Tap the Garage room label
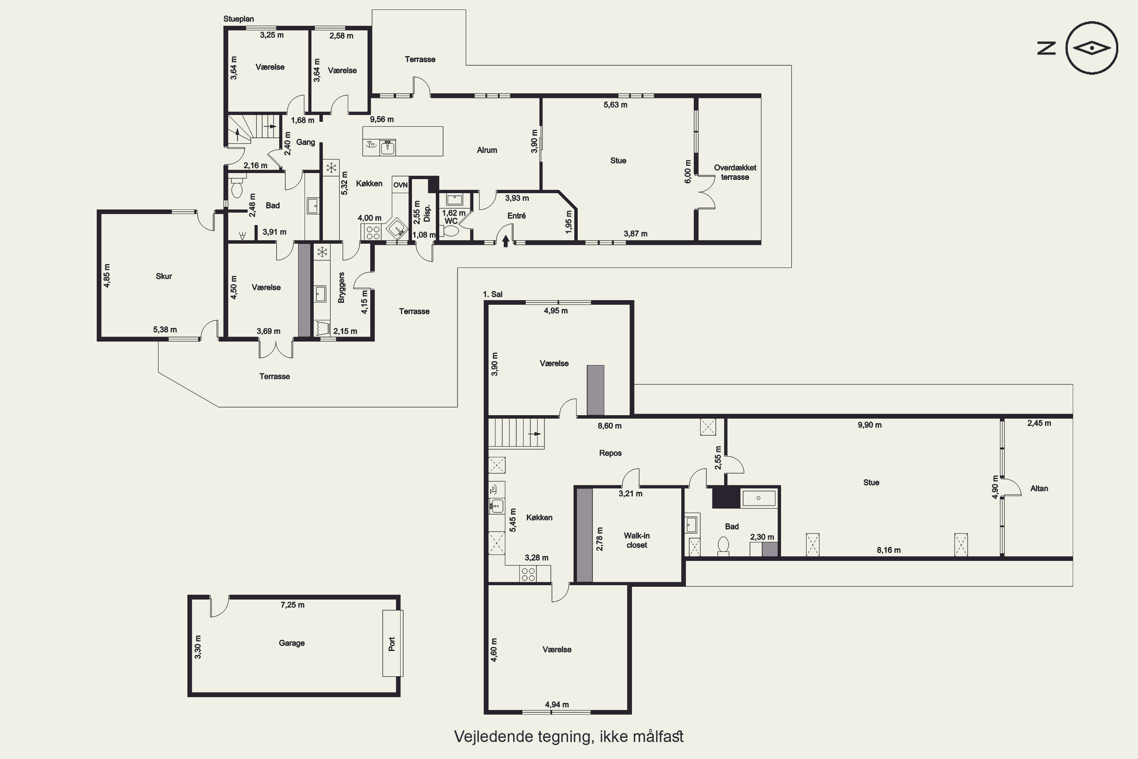click(292, 643)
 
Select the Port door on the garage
click(392, 643)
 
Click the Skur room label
click(163, 276)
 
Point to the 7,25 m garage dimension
click(293, 605)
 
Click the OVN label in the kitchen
click(400, 185)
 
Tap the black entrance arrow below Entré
click(506, 241)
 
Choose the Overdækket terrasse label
click(735, 172)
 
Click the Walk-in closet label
click(637, 540)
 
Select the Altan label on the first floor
click(1039, 488)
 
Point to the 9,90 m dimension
click(869, 425)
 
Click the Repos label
click(610, 453)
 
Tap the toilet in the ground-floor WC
click(451, 231)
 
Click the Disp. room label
click(427, 213)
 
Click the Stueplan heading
click(239, 19)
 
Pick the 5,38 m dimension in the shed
click(165, 330)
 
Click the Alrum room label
click(487, 150)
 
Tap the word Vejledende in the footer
click(494, 736)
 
